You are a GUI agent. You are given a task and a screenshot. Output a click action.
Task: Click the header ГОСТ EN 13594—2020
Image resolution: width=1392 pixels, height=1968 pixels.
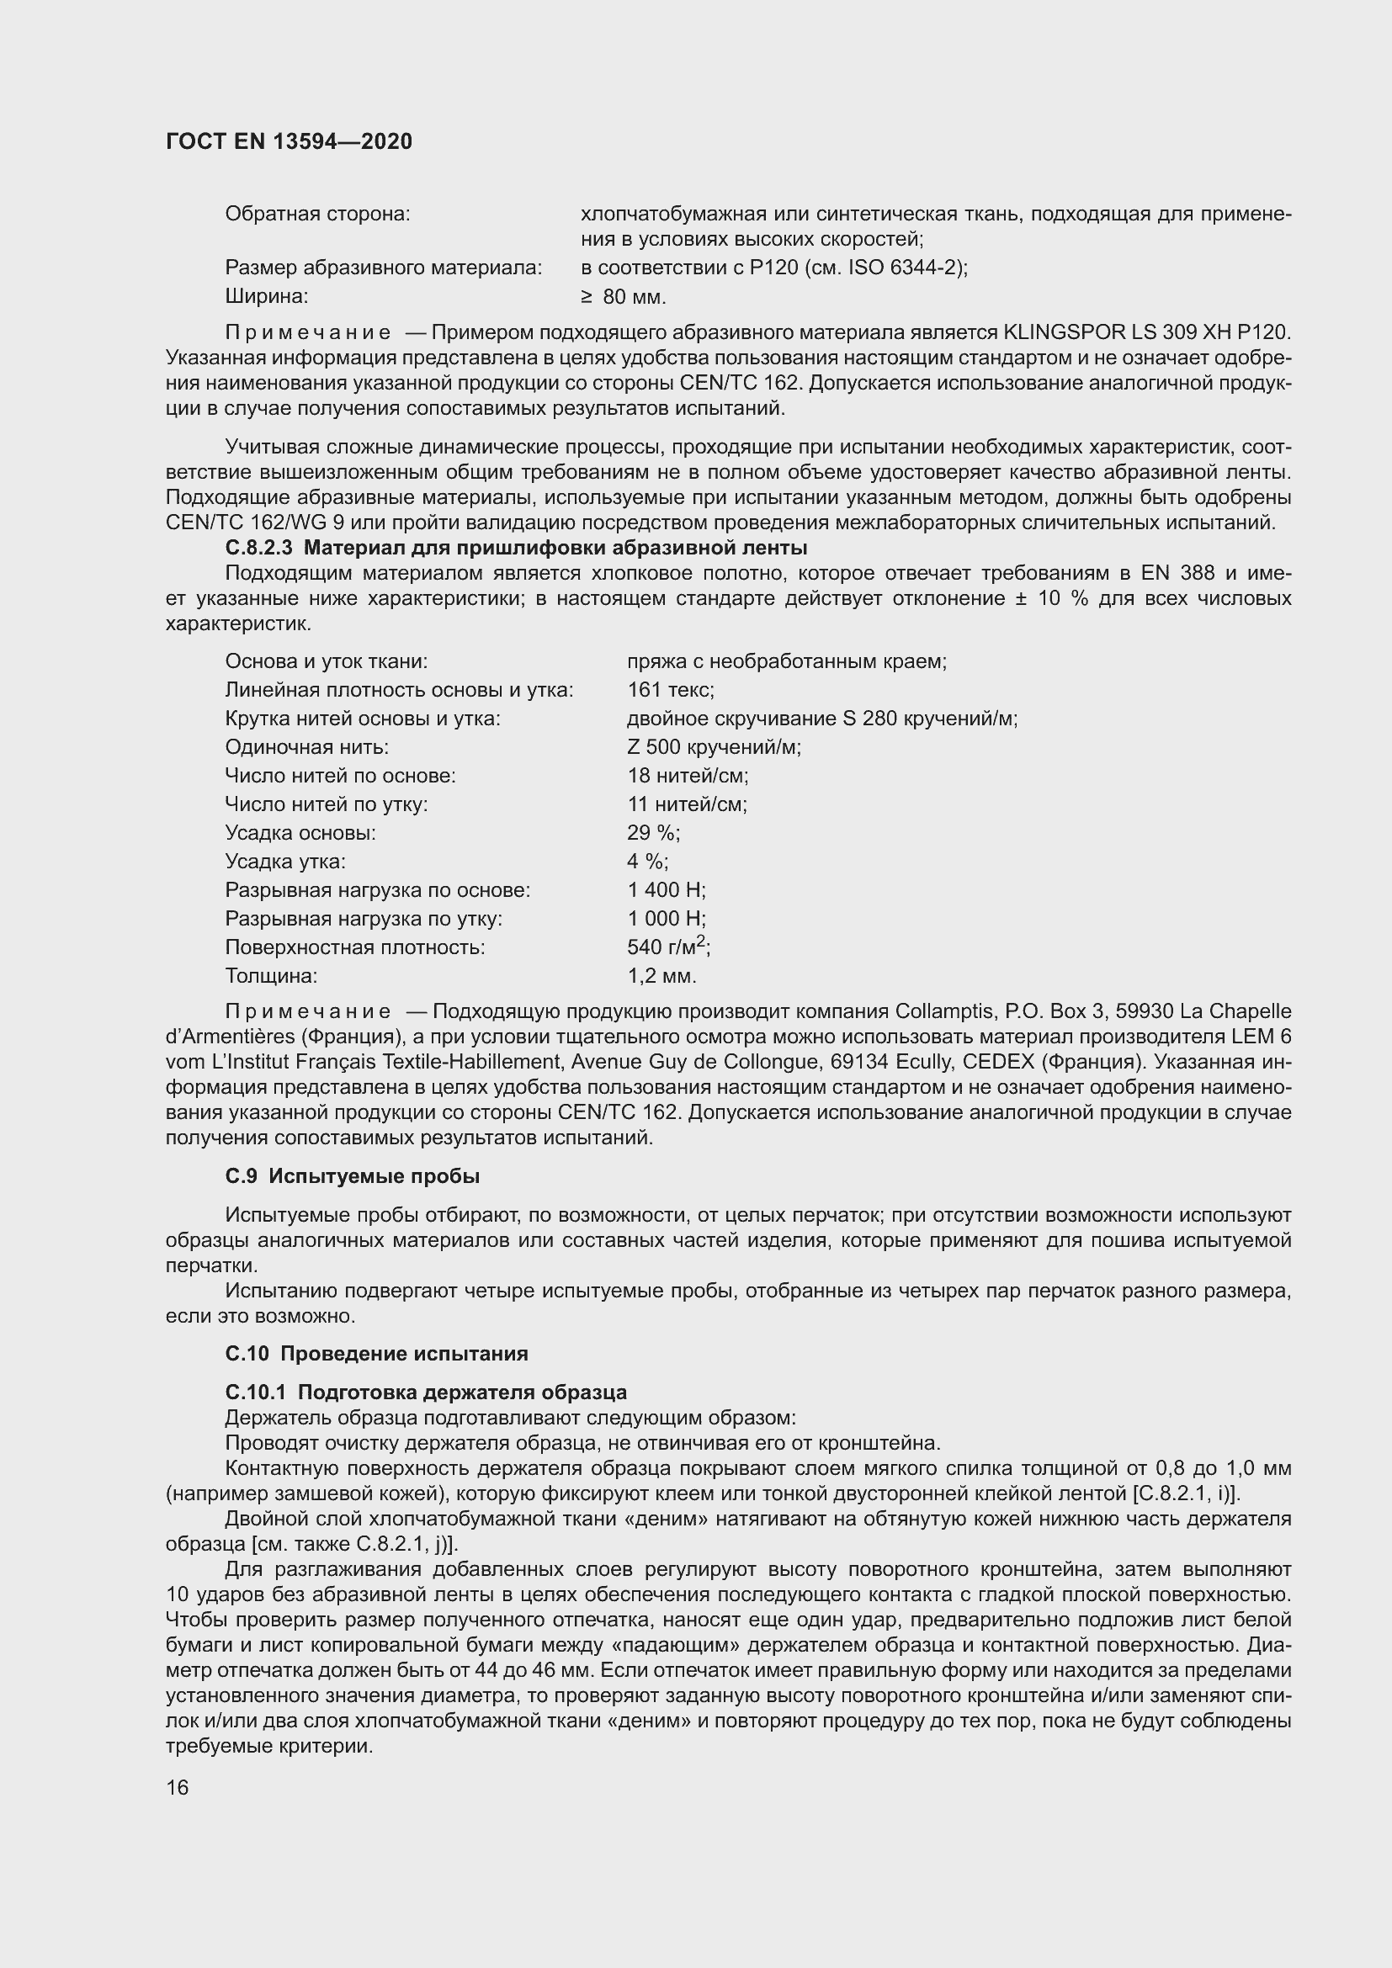click(289, 141)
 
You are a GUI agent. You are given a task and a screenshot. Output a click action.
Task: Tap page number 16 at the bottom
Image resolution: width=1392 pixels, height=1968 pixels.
click(178, 1788)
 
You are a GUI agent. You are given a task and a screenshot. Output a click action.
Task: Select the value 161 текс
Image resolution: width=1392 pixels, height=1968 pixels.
click(670, 690)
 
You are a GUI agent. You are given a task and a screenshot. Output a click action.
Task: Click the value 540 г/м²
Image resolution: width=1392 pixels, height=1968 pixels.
click(668, 947)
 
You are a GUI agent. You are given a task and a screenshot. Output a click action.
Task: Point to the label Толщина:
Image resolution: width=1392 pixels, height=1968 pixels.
click(271, 976)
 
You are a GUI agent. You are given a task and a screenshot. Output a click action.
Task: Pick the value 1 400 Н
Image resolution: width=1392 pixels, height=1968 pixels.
click(666, 890)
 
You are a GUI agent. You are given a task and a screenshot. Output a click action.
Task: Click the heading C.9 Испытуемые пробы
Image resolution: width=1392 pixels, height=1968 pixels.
click(352, 1177)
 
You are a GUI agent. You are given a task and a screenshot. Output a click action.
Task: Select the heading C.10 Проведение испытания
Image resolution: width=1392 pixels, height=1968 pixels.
click(376, 1355)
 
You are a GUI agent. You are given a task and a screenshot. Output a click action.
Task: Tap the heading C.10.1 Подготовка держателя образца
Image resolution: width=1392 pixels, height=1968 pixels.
click(425, 1392)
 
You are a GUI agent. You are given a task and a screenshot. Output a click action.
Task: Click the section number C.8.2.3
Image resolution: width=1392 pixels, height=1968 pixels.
click(259, 548)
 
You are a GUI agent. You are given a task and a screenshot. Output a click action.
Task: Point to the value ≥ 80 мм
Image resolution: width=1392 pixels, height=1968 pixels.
click(623, 297)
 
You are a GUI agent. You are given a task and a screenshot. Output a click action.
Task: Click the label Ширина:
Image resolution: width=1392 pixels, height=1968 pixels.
click(267, 297)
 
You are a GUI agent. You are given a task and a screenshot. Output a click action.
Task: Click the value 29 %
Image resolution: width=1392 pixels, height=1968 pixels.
click(653, 833)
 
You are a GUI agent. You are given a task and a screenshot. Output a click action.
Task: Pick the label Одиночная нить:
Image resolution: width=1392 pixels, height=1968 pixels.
click(307, 747)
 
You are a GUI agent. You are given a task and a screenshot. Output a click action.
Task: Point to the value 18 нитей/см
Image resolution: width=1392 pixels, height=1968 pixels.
click(688, 776)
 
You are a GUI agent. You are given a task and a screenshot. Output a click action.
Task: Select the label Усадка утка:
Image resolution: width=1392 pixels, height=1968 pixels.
click(285, 862)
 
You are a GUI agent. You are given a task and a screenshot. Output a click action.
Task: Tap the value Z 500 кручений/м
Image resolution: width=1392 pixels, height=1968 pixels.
click(714, 747)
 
